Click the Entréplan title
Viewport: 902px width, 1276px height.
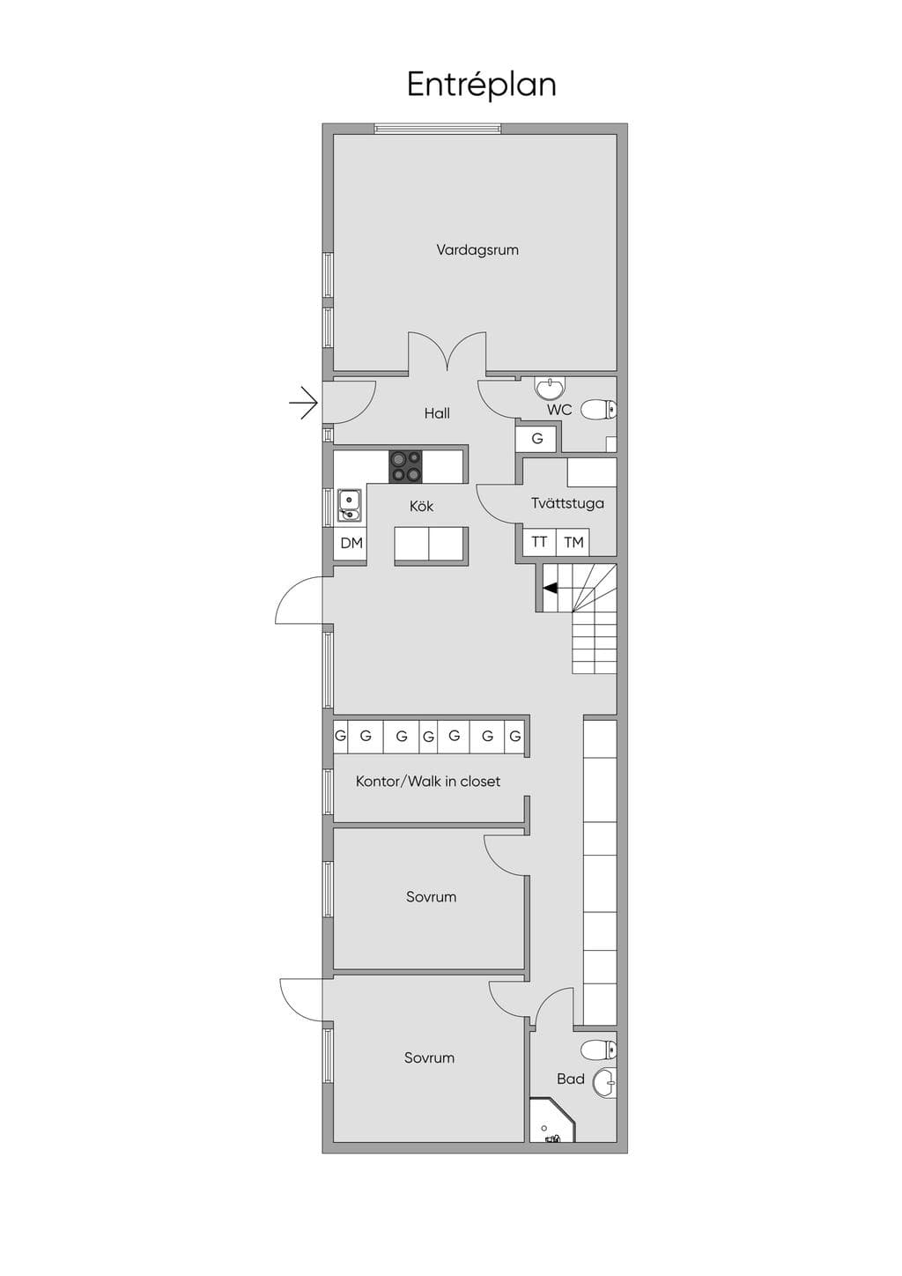tap(481, 85)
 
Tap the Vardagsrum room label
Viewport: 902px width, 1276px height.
tap(477, 250)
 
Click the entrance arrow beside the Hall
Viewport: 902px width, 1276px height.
tap(304, 404)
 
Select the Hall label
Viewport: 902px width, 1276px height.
tap(437, 413)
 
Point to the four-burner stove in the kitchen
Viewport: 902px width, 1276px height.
tap(406, 466)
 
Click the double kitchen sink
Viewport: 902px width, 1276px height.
tap(349, 505)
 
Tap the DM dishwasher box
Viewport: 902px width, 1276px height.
tap(351, 544)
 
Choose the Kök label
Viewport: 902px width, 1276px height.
tap(421, 506)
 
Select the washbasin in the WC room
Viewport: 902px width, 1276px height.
tap(550, 388)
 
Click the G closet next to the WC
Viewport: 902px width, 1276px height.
tap(537, 438)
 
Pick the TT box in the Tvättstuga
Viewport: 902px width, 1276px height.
tap(539, 542)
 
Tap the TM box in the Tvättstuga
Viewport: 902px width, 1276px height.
tap(573, 542)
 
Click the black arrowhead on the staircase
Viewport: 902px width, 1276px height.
tap(550, 589)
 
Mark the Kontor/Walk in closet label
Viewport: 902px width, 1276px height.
tap(427, 781)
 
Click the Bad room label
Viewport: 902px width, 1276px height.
tap(571, 1079)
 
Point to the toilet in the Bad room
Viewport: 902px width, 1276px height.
tap(599, 1049)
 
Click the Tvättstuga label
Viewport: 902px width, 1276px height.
tap(568, 503)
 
